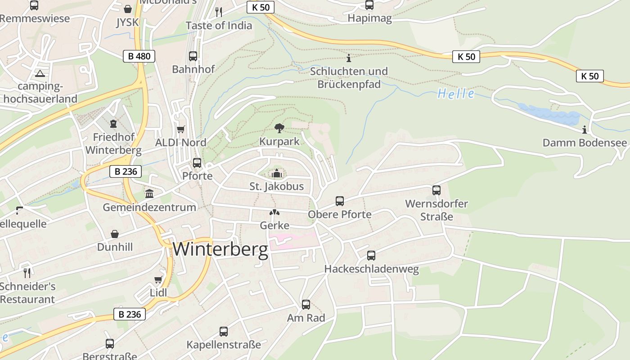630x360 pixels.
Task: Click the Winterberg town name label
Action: [220, 249]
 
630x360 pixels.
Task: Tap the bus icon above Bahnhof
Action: [193, 56]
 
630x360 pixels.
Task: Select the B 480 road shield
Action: [139, 56]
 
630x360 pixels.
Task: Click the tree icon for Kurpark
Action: [279, 128]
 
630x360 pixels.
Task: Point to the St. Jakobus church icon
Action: [276, 173]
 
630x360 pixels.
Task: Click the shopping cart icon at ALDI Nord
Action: [181, 130]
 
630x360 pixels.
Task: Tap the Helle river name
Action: [456, 94]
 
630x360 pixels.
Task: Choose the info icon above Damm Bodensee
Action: [585, 130]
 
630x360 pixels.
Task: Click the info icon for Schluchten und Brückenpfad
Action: [349, 58]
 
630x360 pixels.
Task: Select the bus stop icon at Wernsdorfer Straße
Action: [436, 190]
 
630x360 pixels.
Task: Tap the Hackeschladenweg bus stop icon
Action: [371, 256]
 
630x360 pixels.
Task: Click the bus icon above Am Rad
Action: [306, 305]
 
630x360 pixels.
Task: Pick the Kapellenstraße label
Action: [224, 345]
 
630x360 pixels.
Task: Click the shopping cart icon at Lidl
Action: [158, 280]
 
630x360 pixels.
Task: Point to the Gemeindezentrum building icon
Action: [149, 194]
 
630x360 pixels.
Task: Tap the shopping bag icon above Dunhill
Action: [115, 234]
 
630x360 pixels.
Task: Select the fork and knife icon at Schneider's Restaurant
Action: [27, 273]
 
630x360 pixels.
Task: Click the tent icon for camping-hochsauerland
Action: [40, 73]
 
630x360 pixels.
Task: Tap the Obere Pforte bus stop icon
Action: [340, 201]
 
